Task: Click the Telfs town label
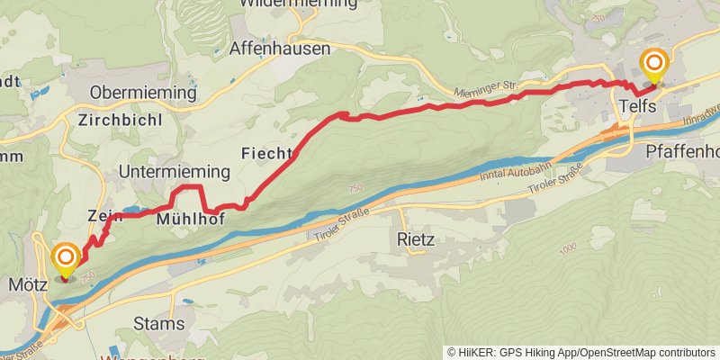point(641,107)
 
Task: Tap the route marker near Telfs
point(654,64)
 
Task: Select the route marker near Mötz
point(66,259)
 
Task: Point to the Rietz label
point(416,240)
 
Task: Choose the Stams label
point(158,323)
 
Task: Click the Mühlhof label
point(190,219)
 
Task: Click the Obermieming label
point(144,93)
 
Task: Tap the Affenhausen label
point(280,49)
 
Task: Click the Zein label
point(104,215)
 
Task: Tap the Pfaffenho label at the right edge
point(683,151)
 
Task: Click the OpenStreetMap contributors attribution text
point(647,352)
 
